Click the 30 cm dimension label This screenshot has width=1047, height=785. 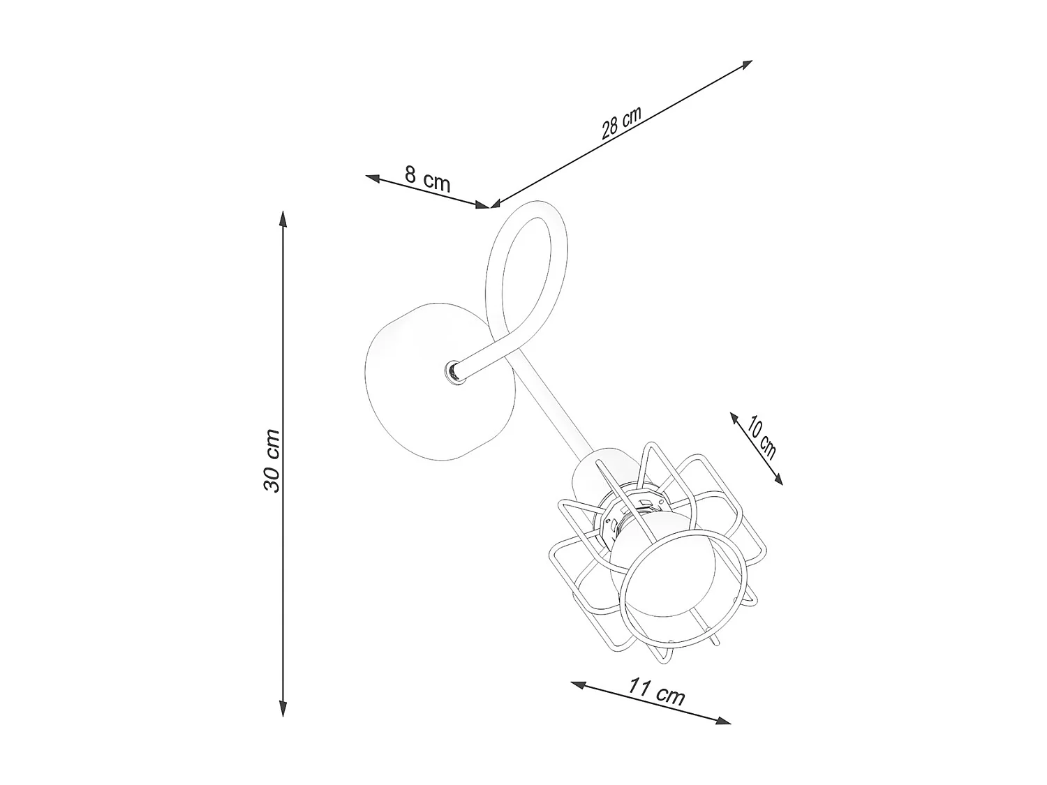(272, 461)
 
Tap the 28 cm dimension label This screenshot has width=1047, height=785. (621, 122)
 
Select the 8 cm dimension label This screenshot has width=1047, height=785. (427, 178)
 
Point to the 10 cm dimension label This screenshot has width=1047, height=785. (762, 437)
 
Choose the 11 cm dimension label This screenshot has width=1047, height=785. (657, 692)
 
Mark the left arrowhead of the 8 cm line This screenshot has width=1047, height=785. (373, 178)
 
